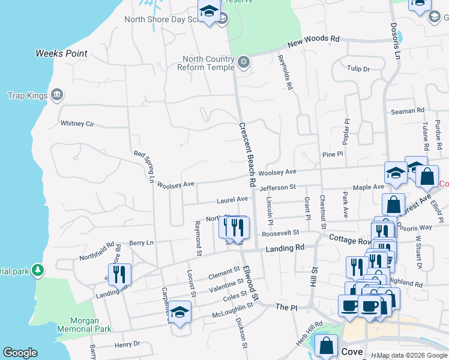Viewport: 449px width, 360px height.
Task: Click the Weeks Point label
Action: pos(61,53)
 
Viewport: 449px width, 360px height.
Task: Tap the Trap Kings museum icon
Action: pos(57,94)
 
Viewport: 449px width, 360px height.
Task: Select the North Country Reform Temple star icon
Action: pos(243,62)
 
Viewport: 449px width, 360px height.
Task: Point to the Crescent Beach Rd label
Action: pos(248,155)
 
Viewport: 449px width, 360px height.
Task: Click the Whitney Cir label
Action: pos(77,124)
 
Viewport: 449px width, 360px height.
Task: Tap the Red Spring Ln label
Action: pos(144,167)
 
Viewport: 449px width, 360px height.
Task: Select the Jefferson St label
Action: pos(279,188)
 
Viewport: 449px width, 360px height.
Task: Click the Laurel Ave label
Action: pos(232,199)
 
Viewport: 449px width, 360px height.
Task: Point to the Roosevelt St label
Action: pos(280,233)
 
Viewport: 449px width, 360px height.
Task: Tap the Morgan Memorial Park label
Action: pos(84,325)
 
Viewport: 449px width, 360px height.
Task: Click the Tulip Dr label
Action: pos(358,69)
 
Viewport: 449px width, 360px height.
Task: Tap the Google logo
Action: pos(20,353)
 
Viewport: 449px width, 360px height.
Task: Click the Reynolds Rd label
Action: pos(286,73)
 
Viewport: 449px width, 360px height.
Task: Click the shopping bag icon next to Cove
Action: pos(326,346)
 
